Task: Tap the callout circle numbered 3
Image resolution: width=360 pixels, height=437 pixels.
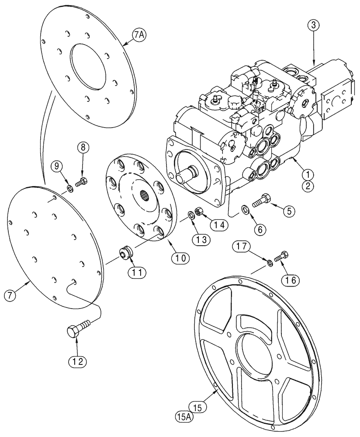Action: coord(313,26)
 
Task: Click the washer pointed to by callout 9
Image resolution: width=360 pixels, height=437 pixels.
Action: coord(70,188)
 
